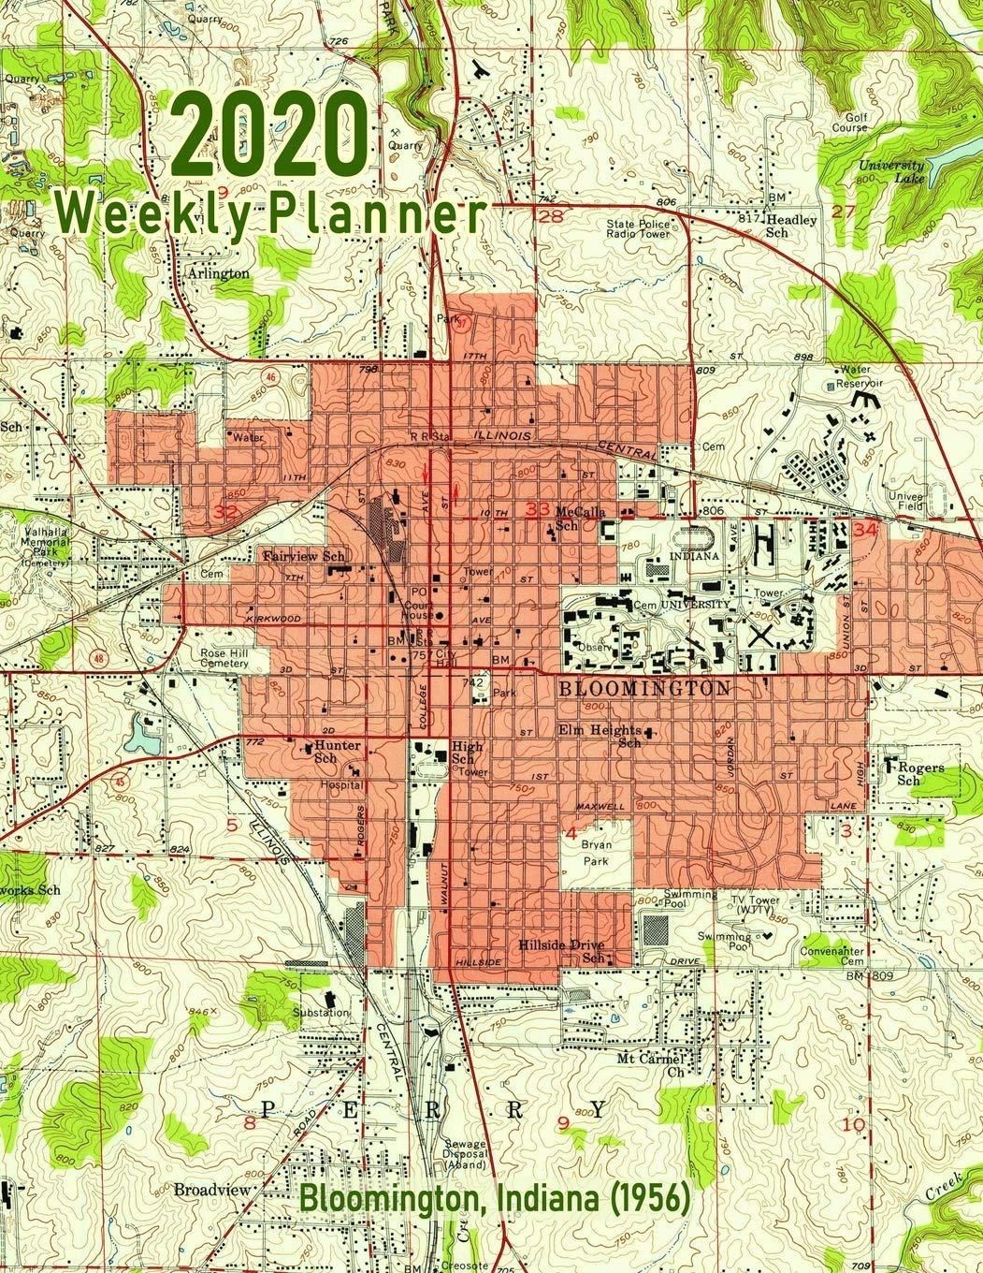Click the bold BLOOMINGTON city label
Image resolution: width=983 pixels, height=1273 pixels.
click(644, 688)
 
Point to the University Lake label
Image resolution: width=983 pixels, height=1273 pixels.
click(892, 170)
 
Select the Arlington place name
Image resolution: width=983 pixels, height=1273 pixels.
click(218, 273)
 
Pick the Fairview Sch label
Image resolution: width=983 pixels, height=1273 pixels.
click(304, 557)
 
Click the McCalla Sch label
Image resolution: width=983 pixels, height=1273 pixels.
click(581, 519)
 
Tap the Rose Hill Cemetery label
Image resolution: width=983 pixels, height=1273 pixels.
click(224, 658)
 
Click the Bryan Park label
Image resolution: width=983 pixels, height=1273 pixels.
click(596, 854)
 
